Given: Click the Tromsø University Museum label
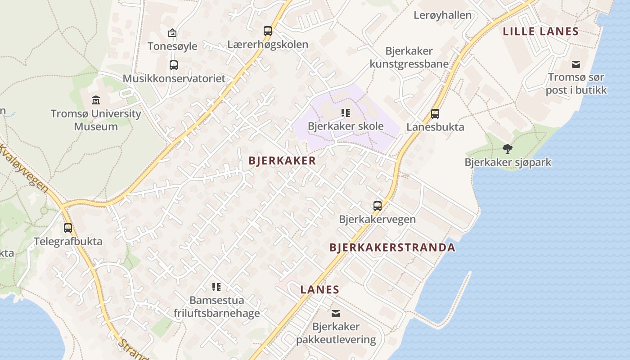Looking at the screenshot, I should [x=95, y=120].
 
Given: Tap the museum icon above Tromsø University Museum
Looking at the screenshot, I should [x=95, y=99].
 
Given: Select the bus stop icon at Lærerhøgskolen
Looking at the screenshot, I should [x=268, y=31].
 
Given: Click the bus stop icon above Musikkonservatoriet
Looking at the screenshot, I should [x=174, y=65].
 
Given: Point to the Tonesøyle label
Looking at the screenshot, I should [x=172, y=46].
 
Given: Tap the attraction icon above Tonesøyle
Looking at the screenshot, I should [x=172, y=33].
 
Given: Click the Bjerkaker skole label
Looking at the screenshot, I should [x=346, y=126].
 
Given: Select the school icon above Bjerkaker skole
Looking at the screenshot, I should [x=346, y=112].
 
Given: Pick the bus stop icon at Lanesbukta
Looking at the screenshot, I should [x=435, y=114].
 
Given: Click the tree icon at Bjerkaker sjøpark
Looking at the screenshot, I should [x=508, y=148].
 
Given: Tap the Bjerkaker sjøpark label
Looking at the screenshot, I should [x=508, y=162].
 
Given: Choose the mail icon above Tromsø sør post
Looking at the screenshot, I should [x=576, y=64].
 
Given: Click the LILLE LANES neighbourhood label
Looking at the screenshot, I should [x=540, y=31].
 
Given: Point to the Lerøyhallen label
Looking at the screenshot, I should [x=442, y=15].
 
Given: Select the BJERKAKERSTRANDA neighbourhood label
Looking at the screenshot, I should [x=392, y=247].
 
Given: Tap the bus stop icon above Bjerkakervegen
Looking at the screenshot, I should [x=377, y=206].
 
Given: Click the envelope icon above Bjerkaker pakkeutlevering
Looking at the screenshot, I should [x=336, y=314].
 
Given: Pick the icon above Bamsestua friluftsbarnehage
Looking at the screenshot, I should [x=216, y=287].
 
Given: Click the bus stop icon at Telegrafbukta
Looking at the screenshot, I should [x=68, y=228].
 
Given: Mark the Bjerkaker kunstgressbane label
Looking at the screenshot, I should [x=409, y=58].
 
